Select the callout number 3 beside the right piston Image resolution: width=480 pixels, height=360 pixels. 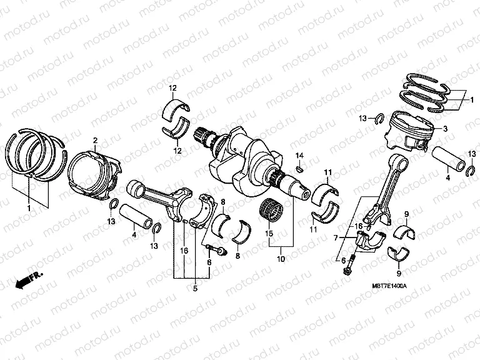[x=446, y=129]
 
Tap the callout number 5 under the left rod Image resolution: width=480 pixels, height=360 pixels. [x=194, y=288]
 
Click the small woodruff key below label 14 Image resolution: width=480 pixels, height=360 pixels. [x=300, y=167]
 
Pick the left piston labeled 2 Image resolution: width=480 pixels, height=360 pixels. [x=94, y=170]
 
